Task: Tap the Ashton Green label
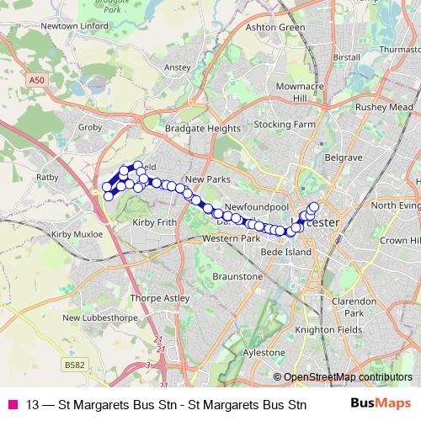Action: click(x=274, y=27)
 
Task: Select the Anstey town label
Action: click(x=179, y=67)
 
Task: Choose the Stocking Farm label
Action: click(x=285, y=124)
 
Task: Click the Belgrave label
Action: click(x=344, y=157)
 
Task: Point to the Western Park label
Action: click(x=232, y=239)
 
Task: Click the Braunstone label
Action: click(x=238, y=276)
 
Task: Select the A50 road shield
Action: click(x=35, y=79)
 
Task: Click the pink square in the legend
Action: click(x=13, y=404)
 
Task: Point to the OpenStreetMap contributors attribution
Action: click(x=346, y=377)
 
